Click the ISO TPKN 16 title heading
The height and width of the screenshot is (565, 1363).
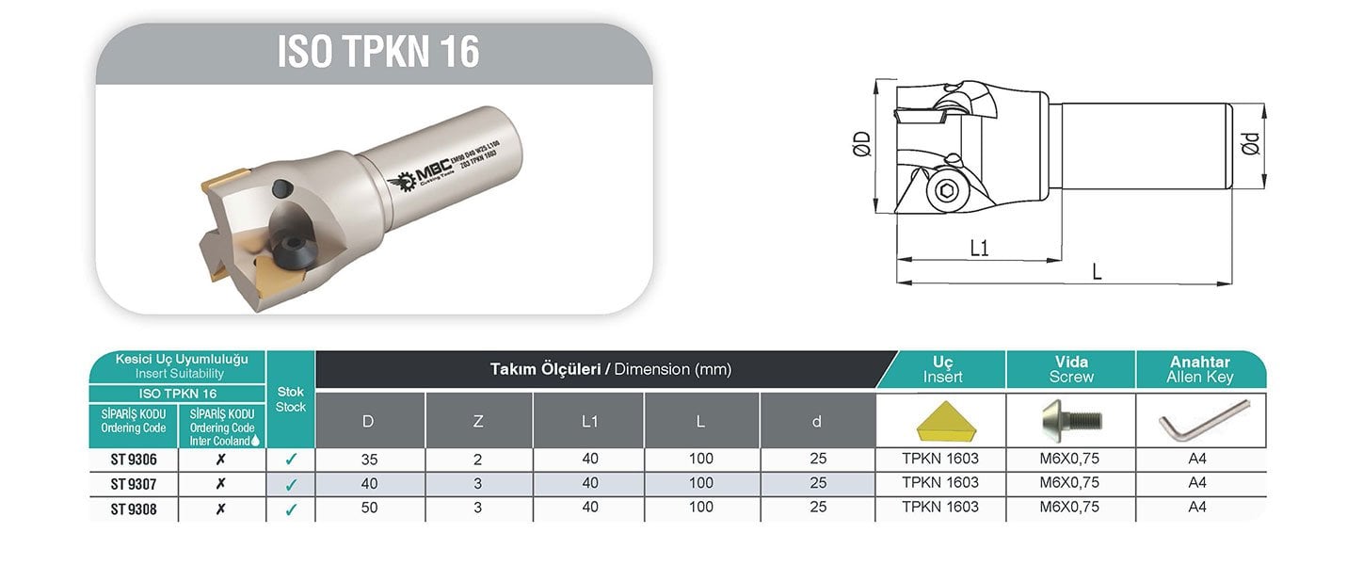tap(377, 52)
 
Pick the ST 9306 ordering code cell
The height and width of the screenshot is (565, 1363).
tap(133, 460)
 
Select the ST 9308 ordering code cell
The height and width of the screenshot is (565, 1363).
tap(133, 508)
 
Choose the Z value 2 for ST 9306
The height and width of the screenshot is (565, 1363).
tap(478, 460)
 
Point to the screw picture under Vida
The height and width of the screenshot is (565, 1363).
tap(1071, 420)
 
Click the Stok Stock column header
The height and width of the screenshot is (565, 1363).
tap(290, 399)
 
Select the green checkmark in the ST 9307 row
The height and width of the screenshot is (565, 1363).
tap(291, 485)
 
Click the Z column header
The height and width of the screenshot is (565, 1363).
tap(478, 421)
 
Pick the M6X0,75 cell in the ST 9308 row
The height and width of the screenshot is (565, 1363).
tap(1071, 508)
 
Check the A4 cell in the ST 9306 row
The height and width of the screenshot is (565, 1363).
tap(1197, 460)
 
